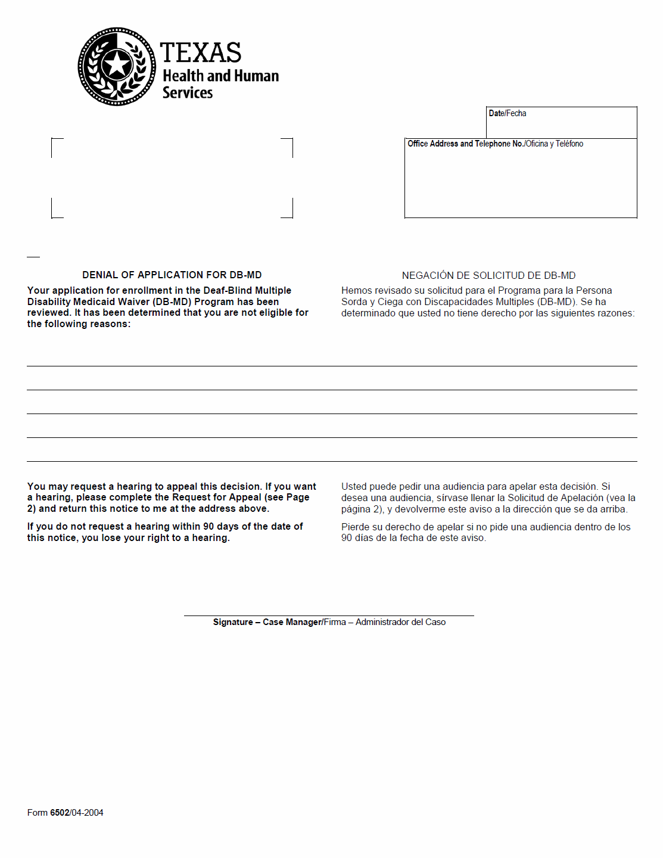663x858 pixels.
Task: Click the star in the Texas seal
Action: (x=117, y=65)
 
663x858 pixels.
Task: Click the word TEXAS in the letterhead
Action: (x=200, y=53)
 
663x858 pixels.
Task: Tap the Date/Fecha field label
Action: (x=507, y=113)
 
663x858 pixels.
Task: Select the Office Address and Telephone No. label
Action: (x=465, y=144)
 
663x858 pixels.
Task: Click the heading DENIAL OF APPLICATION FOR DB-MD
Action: (x=172, y=275)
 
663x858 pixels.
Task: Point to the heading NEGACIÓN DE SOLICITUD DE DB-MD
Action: (x=488, y=275)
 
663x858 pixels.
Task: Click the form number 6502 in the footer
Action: (x=60, y=813)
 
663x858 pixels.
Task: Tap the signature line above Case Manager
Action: (x=329, y=615)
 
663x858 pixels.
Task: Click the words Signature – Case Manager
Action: (x=267, y=622)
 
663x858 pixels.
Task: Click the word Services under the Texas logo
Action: (x=188, y=93)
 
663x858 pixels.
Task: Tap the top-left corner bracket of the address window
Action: (x=57, y=143)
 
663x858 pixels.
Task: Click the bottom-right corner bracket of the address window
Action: (x=288, y=213)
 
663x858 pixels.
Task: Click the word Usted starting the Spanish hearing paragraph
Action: (x=354, y=487)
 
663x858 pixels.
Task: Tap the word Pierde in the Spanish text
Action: (x=355, y=527)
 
